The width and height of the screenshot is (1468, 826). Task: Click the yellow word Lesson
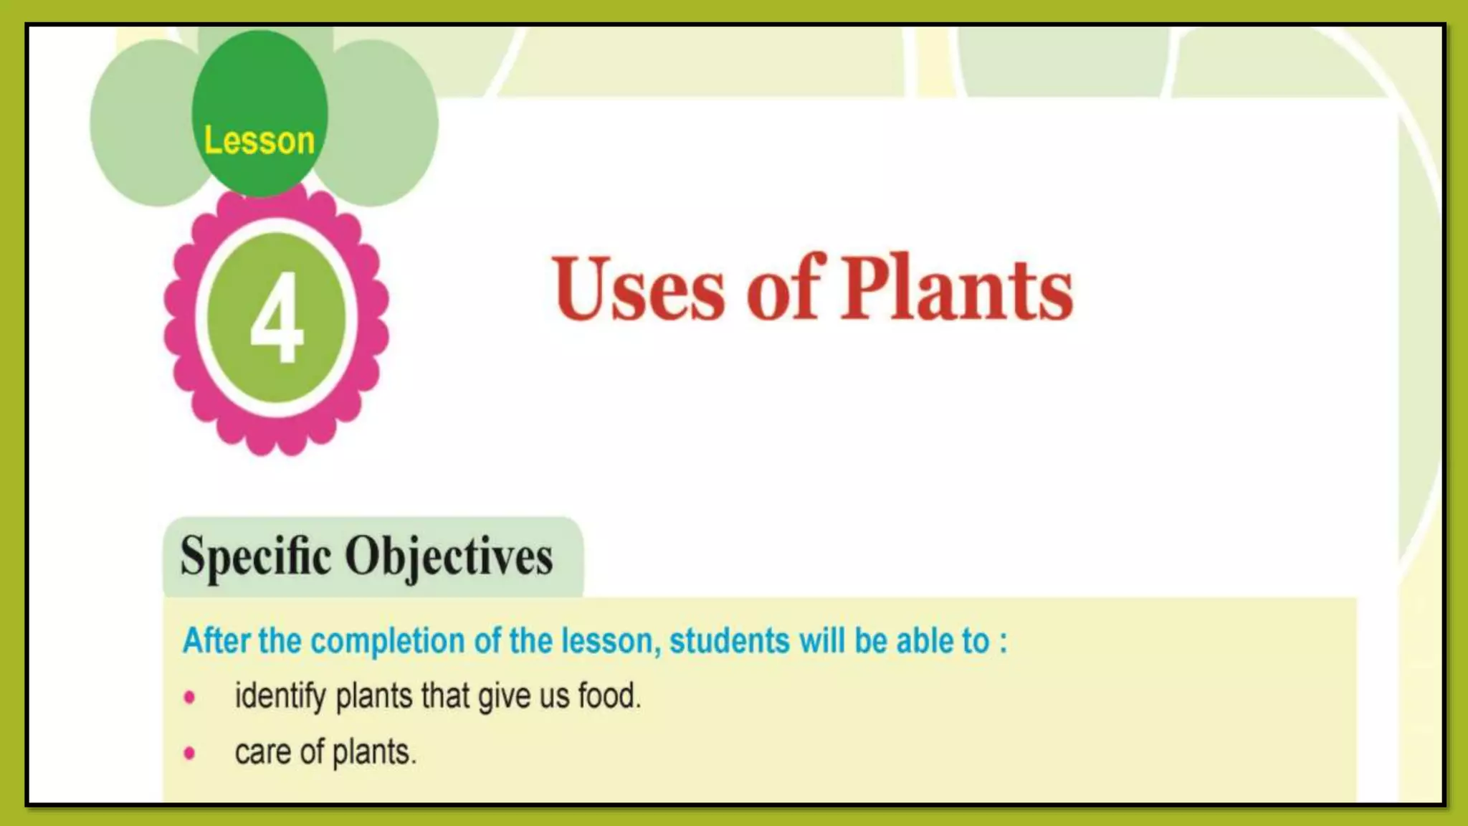click(x=259, y=141)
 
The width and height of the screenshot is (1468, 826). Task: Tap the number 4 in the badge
click(x=277, y=320)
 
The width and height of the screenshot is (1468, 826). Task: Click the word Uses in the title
click(x=639, y=289)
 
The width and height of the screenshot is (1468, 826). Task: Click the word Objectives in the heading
click(x=449, y=556)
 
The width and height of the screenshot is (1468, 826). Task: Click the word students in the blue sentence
click(x=729, y=640)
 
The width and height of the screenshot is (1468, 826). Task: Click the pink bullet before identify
click(x=189, y=697)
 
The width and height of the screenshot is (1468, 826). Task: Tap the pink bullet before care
click(x=189, y=753)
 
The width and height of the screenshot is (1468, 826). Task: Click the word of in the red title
click(x=783, y=289)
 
